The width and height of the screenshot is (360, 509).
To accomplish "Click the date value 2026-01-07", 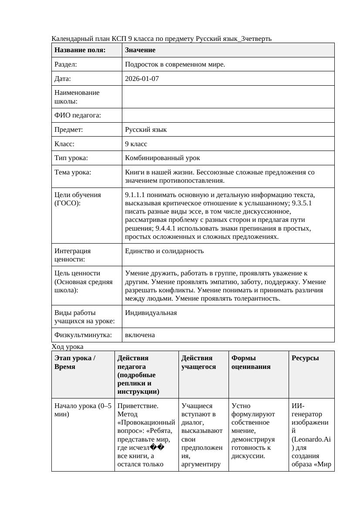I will click(x=142, y=79).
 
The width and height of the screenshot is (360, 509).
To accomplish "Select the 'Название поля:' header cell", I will click(x=80, y=50).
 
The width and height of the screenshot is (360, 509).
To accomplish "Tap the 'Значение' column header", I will click(x=140, y=50).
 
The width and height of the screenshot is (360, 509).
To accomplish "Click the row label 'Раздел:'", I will click(x=66, y=64).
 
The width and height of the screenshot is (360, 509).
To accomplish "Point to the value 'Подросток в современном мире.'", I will click(x=175, y=64).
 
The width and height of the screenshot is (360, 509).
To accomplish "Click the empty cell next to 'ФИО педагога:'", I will click(x=228, y=115).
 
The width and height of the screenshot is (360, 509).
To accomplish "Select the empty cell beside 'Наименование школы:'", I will click(x=228, y=97).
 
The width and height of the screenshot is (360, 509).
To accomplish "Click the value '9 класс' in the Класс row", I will click(x=136, y=144).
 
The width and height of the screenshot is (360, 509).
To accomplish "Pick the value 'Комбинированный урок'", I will click(x=162, y=158).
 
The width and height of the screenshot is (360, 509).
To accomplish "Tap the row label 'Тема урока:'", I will click(x=73, y=172).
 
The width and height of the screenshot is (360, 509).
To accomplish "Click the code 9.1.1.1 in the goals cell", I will click(x=136, y=195).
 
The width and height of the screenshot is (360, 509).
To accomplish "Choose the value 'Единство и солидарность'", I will click(x=164, y=251).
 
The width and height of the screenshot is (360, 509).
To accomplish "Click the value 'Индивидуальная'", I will click(x=151, y=313).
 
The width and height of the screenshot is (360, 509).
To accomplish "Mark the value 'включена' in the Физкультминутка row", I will click(x=140, y=335).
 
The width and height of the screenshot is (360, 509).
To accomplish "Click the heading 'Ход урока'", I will click(x=67, y=347).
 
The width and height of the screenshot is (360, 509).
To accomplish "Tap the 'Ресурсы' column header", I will click(x=305, y=358).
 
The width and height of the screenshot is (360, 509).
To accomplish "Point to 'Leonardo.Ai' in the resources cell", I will click(x=311, y=439).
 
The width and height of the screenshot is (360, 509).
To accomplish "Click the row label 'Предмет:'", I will click(x=68, y=130).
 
